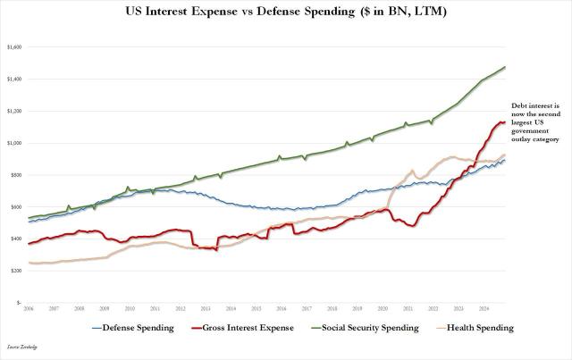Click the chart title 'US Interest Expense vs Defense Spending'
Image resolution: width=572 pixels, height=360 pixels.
(285, 12)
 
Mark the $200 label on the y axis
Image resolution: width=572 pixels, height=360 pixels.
(15, 271)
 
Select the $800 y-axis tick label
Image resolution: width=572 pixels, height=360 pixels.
(15, 175)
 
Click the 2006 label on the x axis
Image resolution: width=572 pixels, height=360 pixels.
(28, 306)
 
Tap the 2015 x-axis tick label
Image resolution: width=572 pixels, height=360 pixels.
(256, 306)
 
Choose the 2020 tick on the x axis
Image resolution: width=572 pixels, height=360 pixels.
(383, 306)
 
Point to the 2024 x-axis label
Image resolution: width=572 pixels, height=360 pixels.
(484, 306)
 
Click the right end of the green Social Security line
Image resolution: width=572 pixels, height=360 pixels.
(506, 67)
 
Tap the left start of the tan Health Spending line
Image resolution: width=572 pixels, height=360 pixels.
(29, 263)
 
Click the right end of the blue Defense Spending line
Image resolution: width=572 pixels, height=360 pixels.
(506, 160)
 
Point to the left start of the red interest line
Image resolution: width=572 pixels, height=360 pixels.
(29, 244)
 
